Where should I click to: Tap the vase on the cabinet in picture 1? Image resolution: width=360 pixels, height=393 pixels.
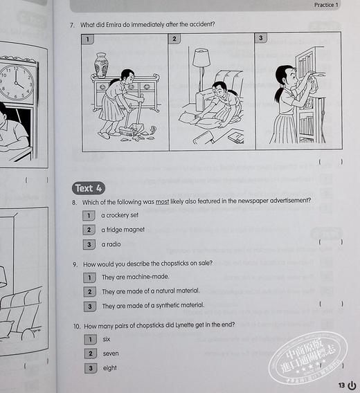101,64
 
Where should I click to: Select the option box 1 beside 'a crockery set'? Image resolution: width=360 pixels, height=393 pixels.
88,215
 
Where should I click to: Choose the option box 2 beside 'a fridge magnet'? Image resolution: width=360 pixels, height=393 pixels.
88,230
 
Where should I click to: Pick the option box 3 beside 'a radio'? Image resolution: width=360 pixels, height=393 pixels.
88,244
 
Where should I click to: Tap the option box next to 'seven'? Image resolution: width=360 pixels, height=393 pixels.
89,354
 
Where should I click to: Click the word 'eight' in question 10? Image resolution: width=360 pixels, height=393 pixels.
109,368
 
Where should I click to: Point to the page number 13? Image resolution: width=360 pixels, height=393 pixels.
341,385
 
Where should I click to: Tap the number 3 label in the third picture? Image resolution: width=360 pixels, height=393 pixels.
261,38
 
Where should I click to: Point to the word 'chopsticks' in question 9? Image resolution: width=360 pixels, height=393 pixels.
169,263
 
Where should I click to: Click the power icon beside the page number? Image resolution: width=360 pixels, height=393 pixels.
352,385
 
